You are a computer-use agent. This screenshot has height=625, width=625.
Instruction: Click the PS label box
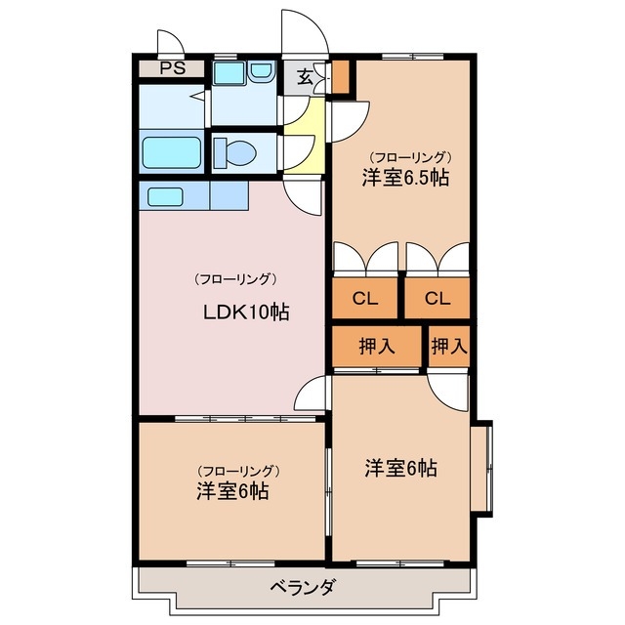[171, 68]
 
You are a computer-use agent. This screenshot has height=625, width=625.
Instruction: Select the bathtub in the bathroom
[171, 152]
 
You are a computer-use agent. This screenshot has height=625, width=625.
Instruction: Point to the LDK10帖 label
[245, 313]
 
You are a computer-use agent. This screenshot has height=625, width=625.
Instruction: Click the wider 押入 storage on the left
[377, 346]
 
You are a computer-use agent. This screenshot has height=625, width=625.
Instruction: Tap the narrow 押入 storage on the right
[449, 346]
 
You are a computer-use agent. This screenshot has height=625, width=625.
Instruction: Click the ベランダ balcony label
[303, 587]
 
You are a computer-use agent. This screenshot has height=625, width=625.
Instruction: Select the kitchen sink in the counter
[165, 195]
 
